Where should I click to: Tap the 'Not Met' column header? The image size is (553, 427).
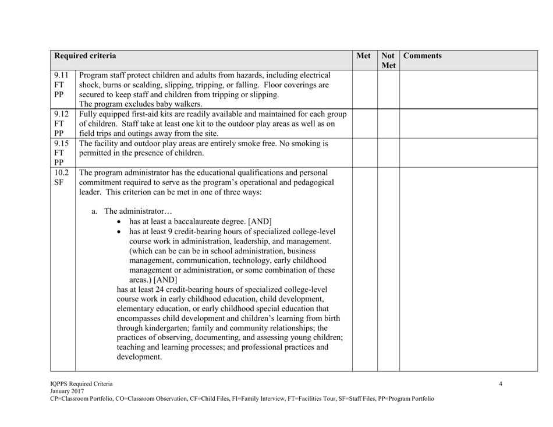tap(388, 62)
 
